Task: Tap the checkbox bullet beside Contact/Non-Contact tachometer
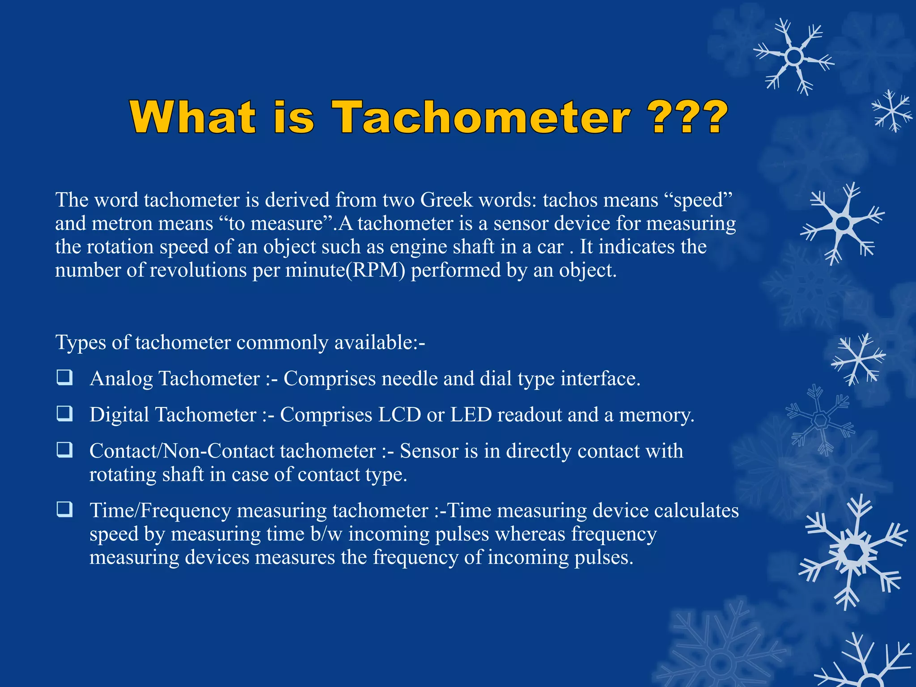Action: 64,450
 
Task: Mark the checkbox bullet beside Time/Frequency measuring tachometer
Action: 64,509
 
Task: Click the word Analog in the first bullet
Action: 121,379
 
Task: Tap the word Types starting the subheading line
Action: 81,343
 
